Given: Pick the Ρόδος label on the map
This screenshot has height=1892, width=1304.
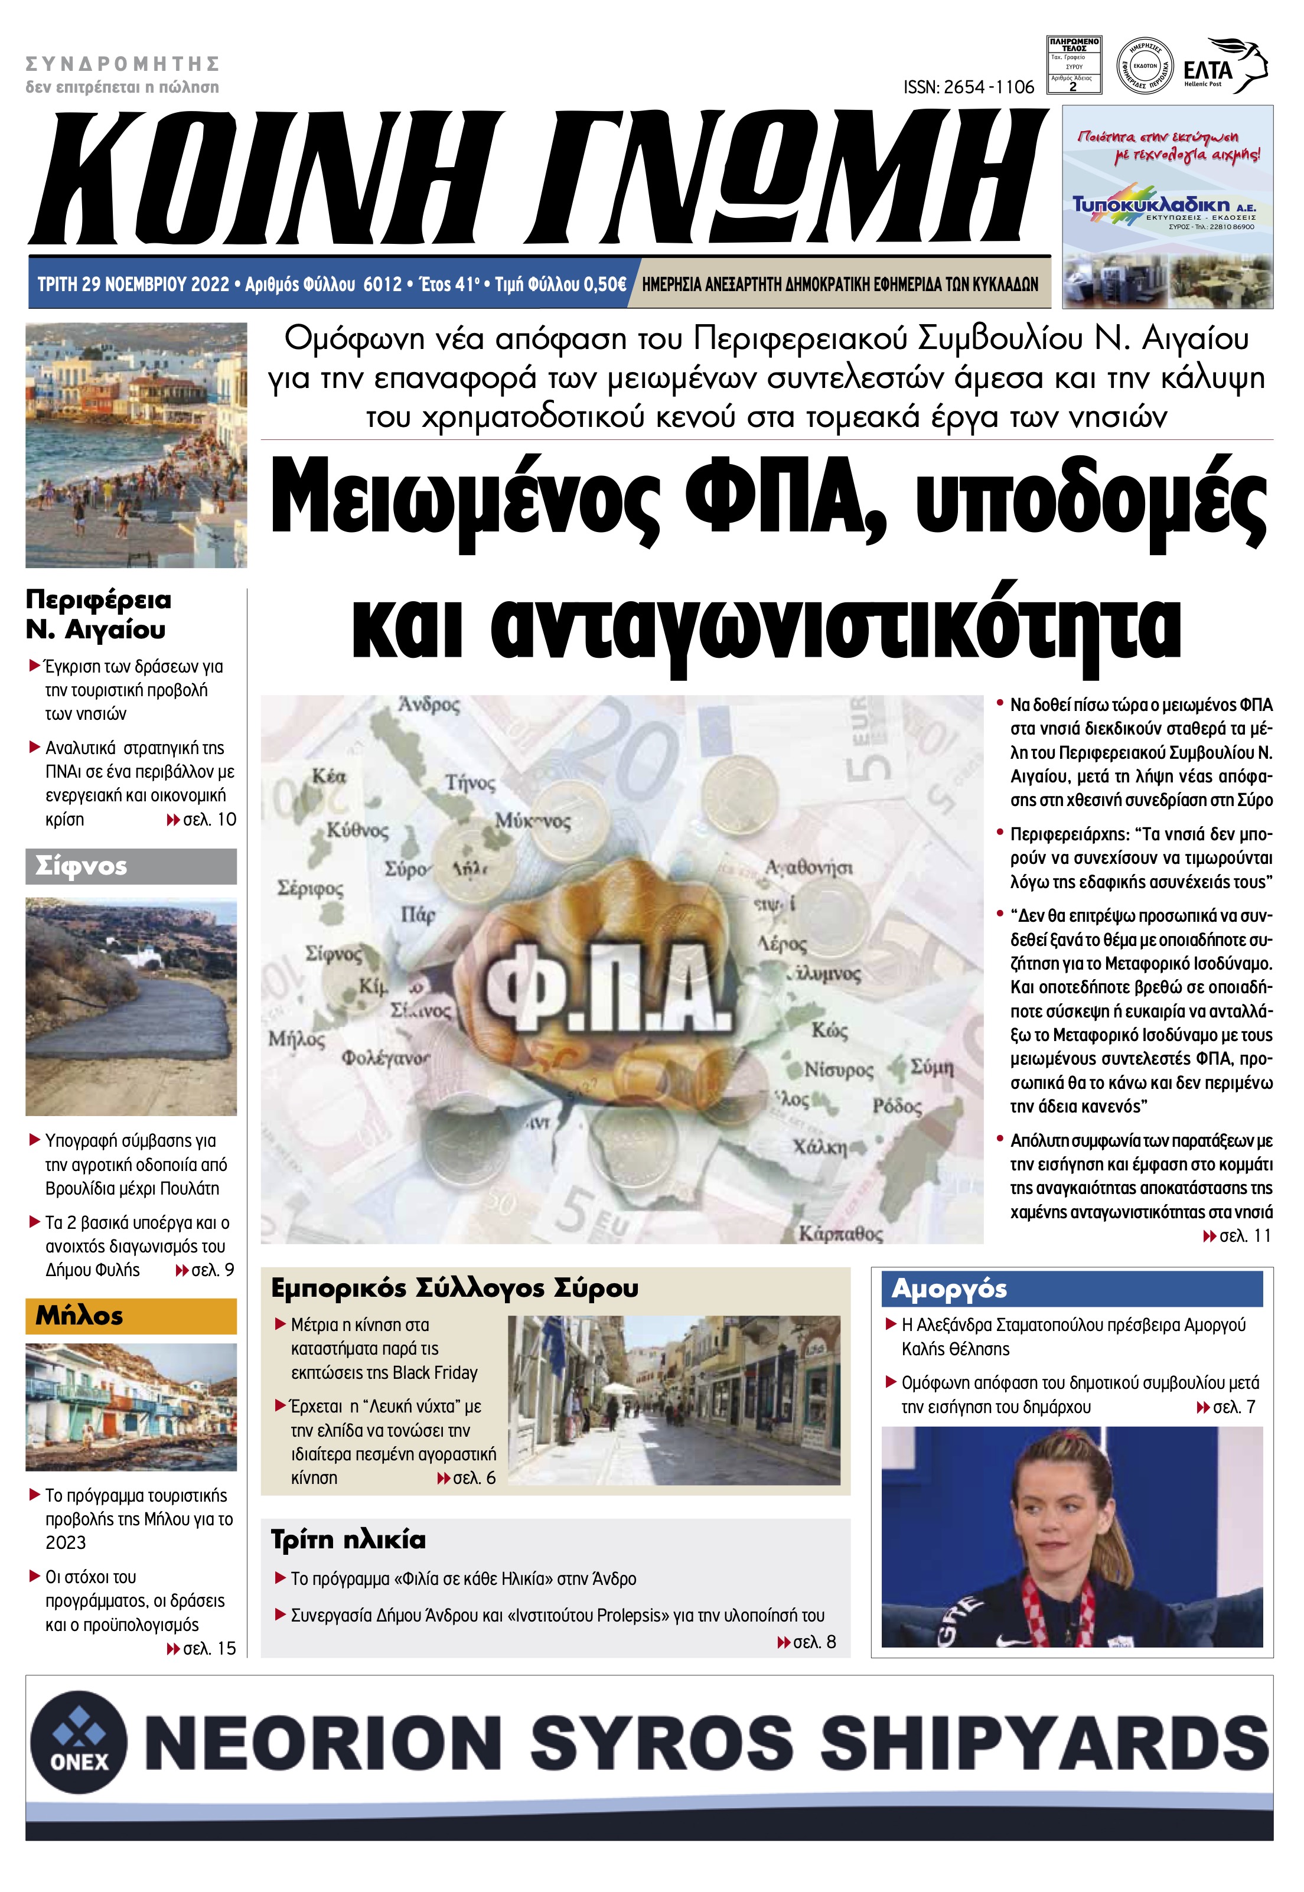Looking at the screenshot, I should (896, 1106).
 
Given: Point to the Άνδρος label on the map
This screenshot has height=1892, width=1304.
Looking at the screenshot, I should (429, 704).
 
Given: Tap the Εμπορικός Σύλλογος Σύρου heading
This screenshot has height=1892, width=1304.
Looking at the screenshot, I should (455, 1288).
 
